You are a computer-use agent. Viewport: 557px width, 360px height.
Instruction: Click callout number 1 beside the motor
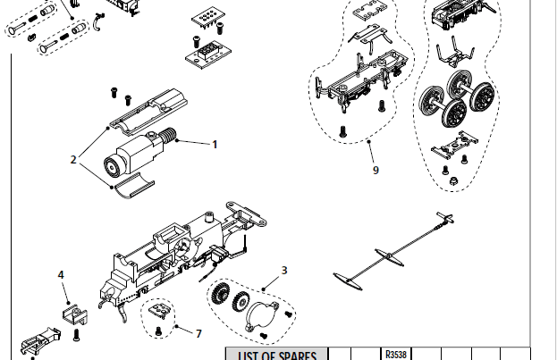pos(214,143)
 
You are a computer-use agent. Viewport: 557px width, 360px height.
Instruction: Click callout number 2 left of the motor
pos(73,159)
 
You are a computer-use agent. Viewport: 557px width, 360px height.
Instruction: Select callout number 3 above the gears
pos(283,269)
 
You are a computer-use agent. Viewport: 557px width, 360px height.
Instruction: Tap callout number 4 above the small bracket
pos(61,275)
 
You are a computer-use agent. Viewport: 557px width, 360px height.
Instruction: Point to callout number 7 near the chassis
pos(198,332)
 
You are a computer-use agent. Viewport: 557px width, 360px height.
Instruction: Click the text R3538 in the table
pos(395,353)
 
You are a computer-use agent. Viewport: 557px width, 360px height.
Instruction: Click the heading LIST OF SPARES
pos(277,356)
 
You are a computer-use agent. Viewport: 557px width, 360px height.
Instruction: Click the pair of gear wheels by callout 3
pos(224,297)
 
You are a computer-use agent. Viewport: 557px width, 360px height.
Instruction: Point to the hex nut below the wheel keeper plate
pos(453,182)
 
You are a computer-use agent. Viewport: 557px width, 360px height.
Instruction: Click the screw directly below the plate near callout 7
pos(158,331)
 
